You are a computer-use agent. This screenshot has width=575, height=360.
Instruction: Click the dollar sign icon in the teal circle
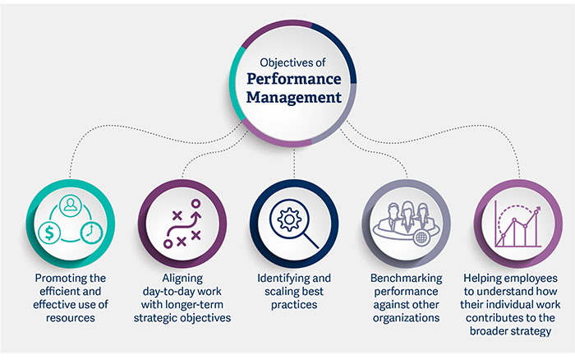coord(51,233)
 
